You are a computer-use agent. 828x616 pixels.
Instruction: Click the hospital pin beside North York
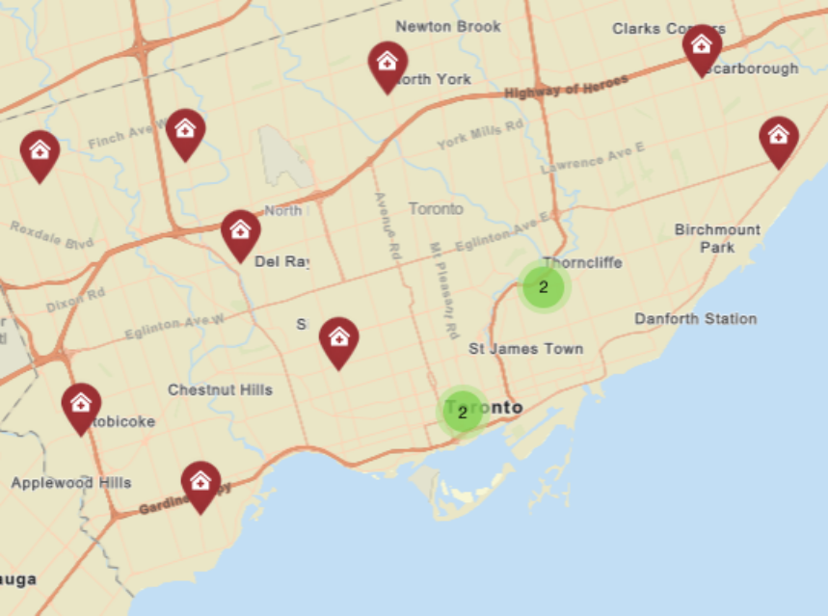point(387,64)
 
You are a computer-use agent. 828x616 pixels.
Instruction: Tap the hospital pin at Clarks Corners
point(702,47)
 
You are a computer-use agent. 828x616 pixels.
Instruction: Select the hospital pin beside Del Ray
point(240,232)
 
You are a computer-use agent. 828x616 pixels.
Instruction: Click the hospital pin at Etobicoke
point(81,406)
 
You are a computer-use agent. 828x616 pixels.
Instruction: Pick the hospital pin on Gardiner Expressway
point(200,484)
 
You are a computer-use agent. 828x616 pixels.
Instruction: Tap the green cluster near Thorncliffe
point(544,287)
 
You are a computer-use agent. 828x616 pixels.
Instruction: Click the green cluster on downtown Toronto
point(463,413)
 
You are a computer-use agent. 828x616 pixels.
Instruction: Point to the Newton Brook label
point(448,27)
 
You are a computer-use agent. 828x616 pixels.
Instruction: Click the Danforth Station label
point(695,319)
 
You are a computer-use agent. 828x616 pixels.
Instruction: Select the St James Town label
point(525,348)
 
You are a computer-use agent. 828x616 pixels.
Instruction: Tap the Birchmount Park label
point(717,238)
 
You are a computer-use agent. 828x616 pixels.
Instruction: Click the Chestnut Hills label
point(220,390)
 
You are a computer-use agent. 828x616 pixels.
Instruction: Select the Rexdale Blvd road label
point(52,235)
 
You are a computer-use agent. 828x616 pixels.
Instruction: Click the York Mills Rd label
point(479,134)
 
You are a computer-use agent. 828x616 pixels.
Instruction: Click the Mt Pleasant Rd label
point(441,289)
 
